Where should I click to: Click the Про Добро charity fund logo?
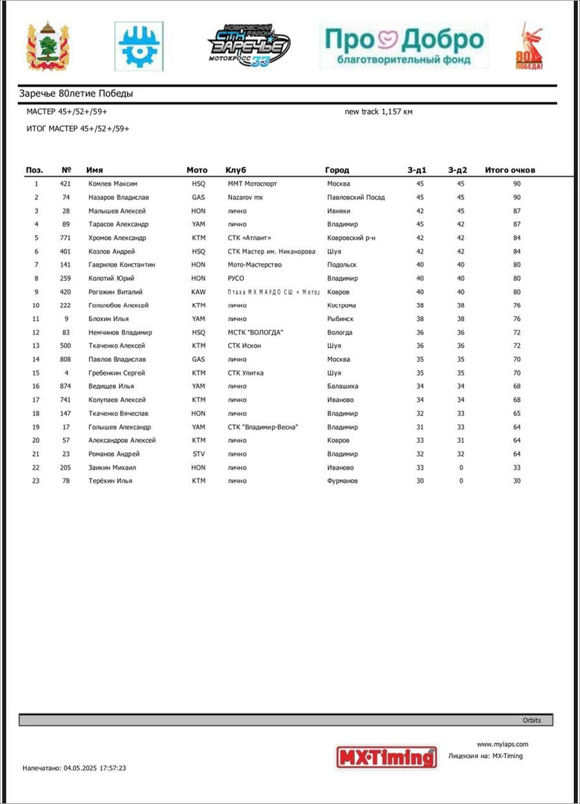403,45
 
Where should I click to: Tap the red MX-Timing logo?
387,756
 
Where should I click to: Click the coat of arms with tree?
48,47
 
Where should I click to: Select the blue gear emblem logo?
139,46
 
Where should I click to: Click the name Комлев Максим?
112,184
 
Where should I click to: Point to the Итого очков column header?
509,170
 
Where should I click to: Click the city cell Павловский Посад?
355,198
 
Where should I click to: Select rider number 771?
66,238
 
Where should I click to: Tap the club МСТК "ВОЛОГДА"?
255,332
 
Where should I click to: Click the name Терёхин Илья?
110,481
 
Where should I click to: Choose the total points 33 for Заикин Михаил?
516,467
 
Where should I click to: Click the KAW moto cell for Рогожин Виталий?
198,292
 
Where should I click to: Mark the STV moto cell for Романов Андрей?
198,454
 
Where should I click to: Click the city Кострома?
341,305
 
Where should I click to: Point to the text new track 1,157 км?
378,111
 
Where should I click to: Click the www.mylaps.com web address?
502,744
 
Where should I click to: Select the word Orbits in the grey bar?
532,721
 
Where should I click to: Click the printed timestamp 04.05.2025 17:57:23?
74,768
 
